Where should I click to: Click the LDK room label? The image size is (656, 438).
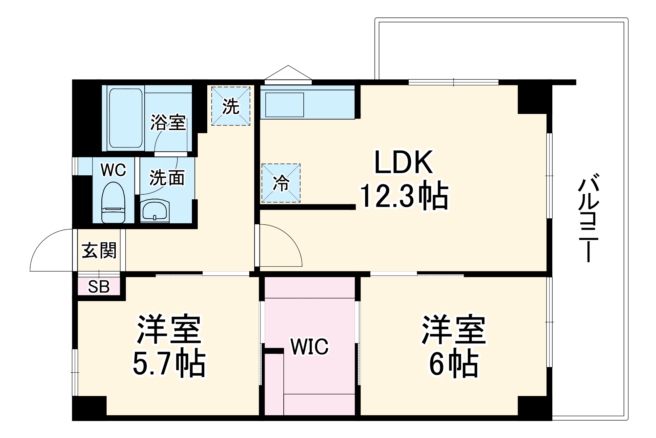(403, 163)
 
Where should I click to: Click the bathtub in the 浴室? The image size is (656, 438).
(126, 118)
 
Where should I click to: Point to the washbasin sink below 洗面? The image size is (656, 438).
(155, 210)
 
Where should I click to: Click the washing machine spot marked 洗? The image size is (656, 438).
(231, 106)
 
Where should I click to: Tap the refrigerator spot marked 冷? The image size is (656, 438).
(281, 183)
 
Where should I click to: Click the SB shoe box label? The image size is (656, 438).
(99, 287)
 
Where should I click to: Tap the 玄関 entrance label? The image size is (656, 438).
(99, 251)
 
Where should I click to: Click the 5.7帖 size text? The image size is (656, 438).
(169, 364)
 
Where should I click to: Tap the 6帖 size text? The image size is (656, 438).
(453, 364)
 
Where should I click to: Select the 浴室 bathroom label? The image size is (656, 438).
(168, 122)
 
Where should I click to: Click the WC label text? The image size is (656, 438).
(113, 170)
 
